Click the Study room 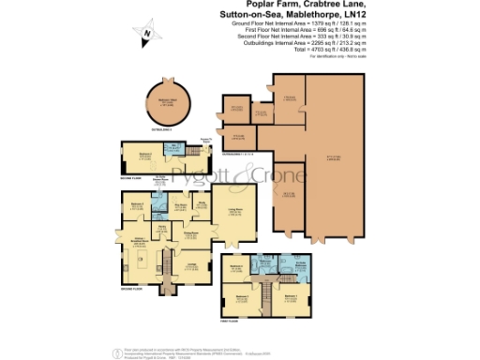(x=204, y=208)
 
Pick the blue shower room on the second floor (x=174, y=150)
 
